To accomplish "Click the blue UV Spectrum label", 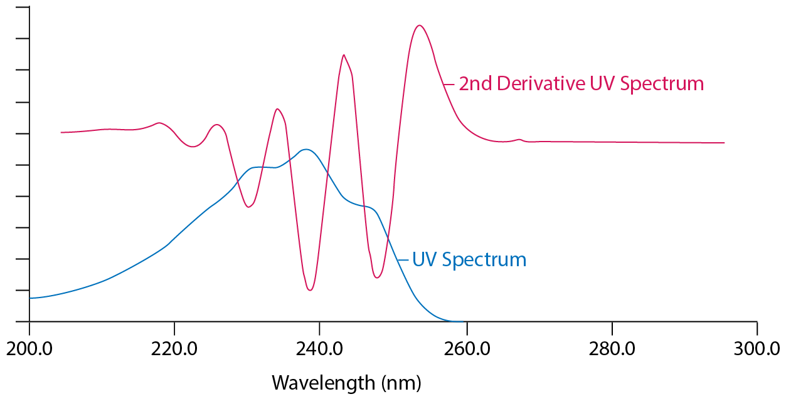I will [x=469, y=259].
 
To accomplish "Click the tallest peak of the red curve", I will [x=419, y=26].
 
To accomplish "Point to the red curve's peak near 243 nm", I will [x=344, y=55].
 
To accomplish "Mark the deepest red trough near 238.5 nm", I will [x=310, y=290].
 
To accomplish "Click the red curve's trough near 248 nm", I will [x=376, y=277].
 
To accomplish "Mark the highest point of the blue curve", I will [x=305, y=149].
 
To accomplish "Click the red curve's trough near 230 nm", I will [x=249, y=207].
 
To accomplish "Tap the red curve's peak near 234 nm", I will [x=277, y=109].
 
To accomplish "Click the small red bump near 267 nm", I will [x=519, y=139].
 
